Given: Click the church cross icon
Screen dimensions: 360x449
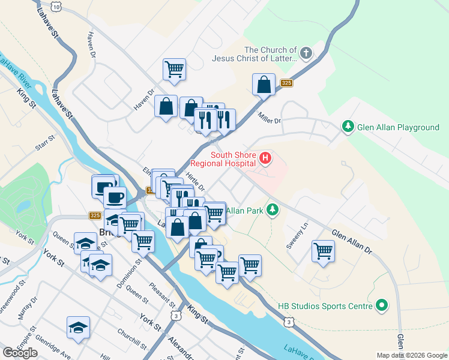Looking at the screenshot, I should (306, 54).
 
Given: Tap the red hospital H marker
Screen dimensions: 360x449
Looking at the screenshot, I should (265, 159).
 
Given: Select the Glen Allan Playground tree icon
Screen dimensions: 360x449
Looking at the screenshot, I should (347, 127).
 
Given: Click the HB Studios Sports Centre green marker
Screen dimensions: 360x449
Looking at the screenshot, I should (381, 306).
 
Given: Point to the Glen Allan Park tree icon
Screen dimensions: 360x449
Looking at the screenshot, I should (273, 209).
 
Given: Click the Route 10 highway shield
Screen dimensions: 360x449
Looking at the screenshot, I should (56, 6).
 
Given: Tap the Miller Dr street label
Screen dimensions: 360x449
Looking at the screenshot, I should (269, 118).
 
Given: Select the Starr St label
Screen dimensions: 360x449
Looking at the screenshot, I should (46, 142).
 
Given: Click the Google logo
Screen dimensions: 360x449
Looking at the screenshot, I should (20, 353).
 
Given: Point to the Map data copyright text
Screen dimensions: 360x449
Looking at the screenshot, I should (412, 355).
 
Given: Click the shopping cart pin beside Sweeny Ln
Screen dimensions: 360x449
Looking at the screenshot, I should (324, 250).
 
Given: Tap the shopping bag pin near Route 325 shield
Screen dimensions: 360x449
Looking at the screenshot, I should (264, 85).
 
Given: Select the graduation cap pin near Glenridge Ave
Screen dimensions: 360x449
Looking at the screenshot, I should (78, 328).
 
